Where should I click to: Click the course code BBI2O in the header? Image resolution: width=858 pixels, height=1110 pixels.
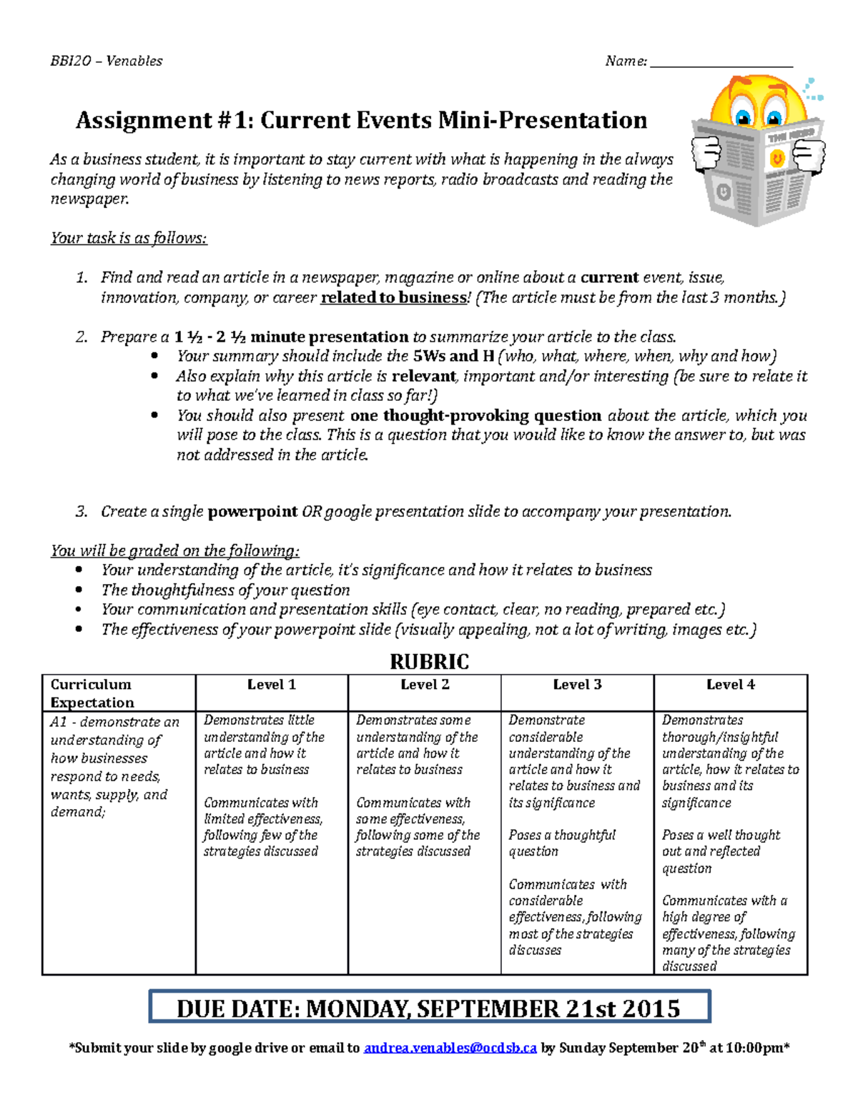point(71,61)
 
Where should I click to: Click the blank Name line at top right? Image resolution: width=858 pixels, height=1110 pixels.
point(721,63)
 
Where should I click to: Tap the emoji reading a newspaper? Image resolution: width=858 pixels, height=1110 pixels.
point(758,150)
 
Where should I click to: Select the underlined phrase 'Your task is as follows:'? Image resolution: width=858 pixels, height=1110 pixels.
point(129,238)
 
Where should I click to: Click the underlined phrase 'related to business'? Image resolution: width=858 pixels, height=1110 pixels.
point(393,297)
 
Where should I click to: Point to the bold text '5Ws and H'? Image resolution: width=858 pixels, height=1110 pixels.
point(453,356)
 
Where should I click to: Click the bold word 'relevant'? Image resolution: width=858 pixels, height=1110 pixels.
point(424,376)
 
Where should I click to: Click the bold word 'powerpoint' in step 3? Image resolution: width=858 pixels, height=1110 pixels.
point(252,512)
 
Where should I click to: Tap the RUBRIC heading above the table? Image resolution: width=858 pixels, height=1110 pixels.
point(429,662)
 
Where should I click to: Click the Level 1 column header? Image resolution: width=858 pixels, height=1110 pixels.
point(272,685)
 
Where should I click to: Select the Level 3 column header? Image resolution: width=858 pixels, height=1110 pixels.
point(577,685)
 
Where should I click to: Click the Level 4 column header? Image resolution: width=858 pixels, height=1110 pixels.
point(730,685)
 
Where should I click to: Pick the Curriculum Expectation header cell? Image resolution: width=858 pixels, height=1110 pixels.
point(92,693)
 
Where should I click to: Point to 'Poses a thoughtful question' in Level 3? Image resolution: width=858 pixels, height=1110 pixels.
point(562,843)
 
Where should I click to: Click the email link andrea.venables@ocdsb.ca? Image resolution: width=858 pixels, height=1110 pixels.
point(450,1049)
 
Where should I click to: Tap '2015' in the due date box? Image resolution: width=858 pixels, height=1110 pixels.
point(651,1009)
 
